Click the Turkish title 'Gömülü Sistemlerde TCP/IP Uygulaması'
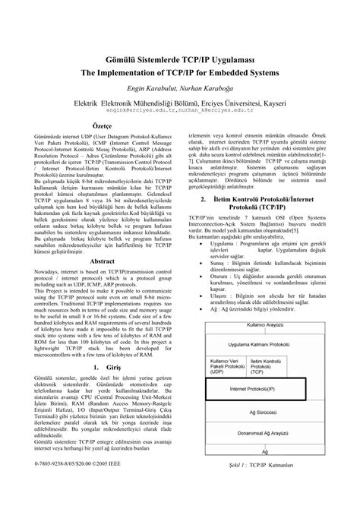(x=179, y=58)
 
